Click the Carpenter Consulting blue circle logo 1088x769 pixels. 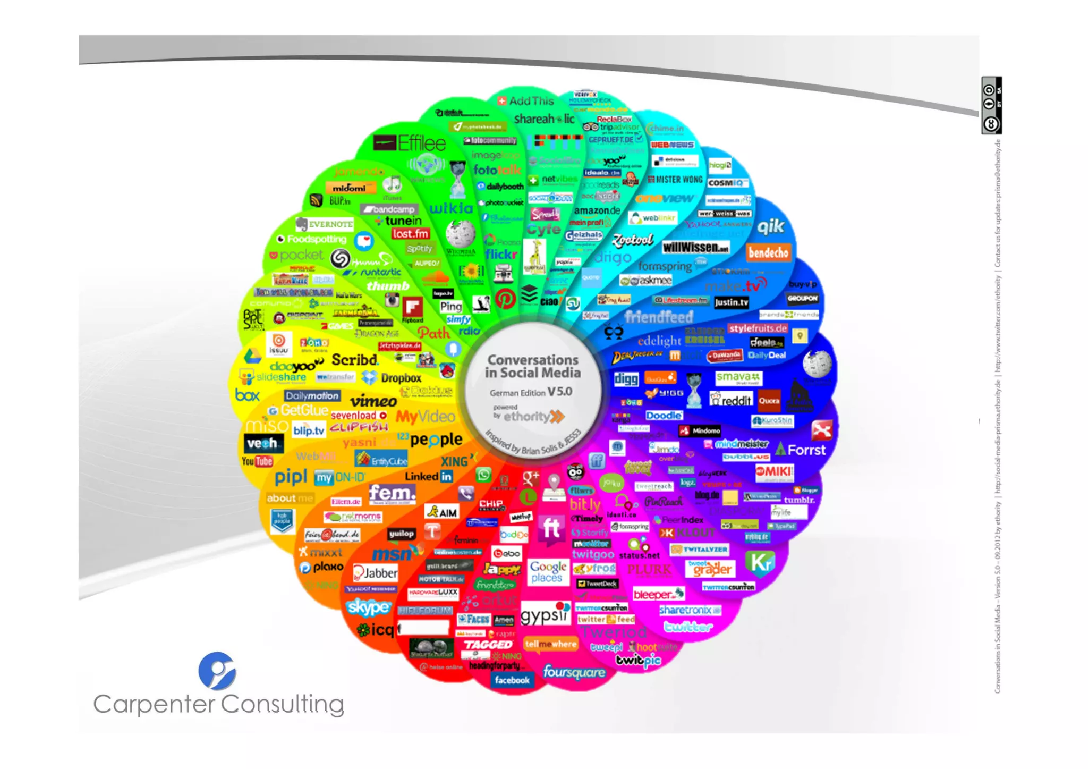(217, 671)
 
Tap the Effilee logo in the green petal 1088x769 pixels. (410, 143)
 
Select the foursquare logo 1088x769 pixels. (574, 672)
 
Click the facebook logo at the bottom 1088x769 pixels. (512, 680)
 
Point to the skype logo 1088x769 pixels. (368, 606)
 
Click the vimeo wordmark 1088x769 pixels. (373, 400)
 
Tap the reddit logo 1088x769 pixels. (732, 400)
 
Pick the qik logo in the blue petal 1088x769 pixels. (770, 227)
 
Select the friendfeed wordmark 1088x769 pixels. (659, 317)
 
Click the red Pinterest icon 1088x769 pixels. (505, 299)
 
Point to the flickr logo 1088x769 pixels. (500, 255)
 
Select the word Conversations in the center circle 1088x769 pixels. (533, 360)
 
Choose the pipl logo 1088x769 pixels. (291, 477)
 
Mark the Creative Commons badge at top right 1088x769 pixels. (991, 105)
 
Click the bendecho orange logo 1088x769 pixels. (768, 252)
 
